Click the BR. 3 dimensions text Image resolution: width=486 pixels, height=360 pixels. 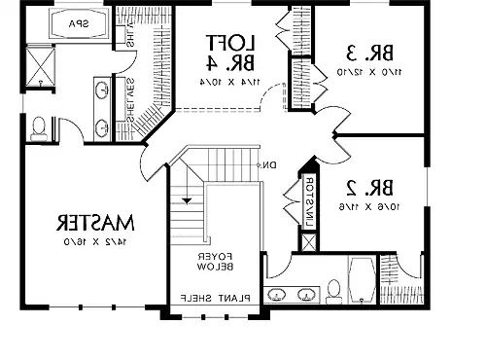pyautogui.click(x=366, y=73)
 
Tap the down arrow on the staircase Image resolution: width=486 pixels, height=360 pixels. pyautogui.click(x=188, y=199)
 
